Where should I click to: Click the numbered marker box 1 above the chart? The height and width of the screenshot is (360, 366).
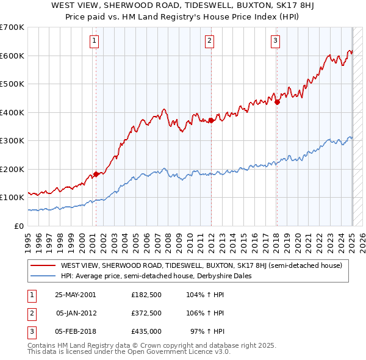tap(95, 41)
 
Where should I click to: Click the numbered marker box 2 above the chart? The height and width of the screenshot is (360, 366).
tap(209, 41)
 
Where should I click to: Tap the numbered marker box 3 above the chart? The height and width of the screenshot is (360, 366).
tap(275, 41)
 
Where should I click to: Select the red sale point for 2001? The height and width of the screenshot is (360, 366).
tap(96, 174)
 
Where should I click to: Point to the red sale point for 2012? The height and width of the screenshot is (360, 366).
tap(210, 120)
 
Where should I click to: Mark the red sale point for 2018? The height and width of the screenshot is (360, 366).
tap(276, 103)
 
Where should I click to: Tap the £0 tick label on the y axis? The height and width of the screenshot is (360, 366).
tap(18, 226)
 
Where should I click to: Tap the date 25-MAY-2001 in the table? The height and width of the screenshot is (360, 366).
tap(75, 295)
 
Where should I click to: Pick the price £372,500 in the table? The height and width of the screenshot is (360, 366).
tap(146, 313)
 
